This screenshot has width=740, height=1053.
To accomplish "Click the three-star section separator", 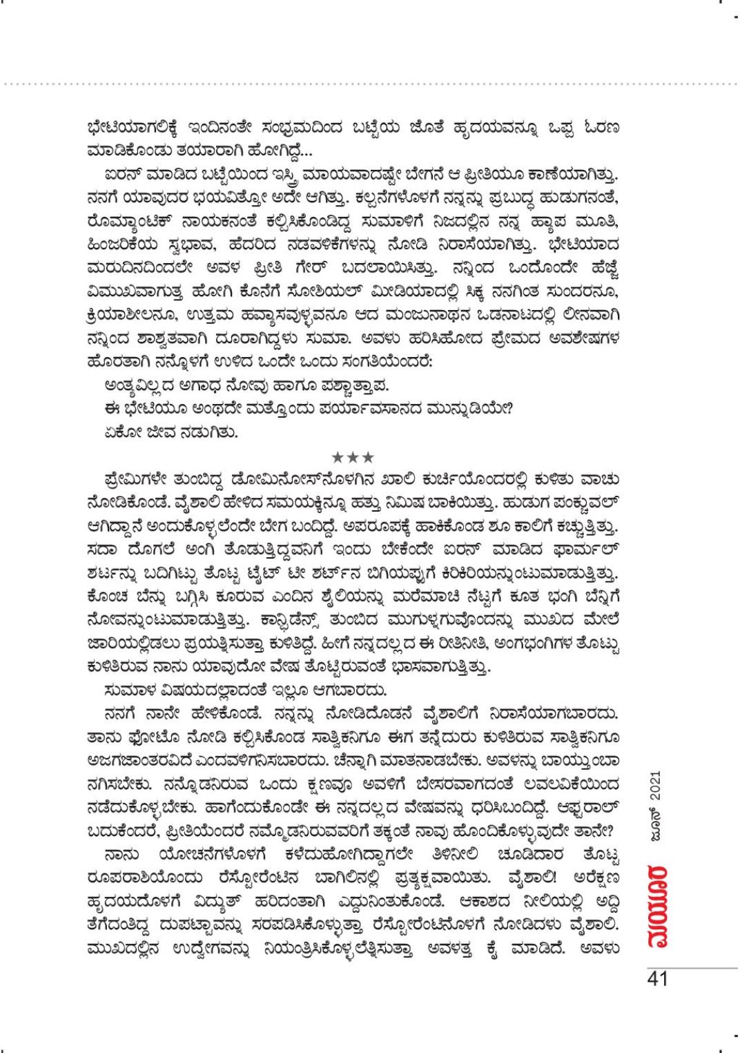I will point(353,456).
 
